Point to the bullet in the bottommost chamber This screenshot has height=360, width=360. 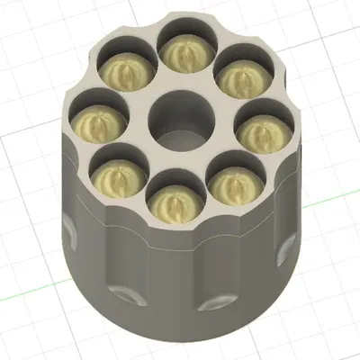point(177,204)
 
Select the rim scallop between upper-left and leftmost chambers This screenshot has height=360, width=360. point(90,90)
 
